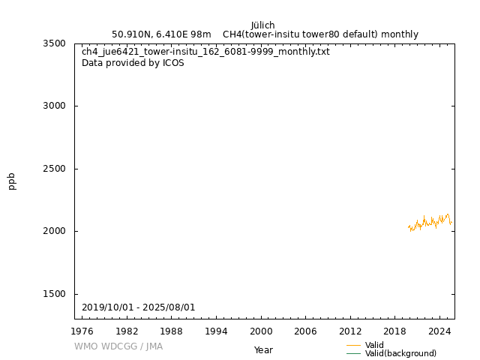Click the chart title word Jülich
tap(262, 25)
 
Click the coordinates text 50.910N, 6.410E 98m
tap(161, 34)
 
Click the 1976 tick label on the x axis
tap(82, 331)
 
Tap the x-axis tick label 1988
tap(172, 331)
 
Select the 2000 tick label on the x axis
tap(261, 331)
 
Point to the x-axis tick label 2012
tap(350, 331)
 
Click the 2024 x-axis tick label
tap(439, 331)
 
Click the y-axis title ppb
tap(12, 181)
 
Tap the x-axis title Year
tap(263, 349)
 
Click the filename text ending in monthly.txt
tap(205, 52)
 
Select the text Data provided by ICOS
tap(133, 63)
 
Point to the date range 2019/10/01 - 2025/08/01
tap(139, 307)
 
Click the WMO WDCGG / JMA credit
tap(118, 346)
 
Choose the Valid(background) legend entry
tap(400, 353)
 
